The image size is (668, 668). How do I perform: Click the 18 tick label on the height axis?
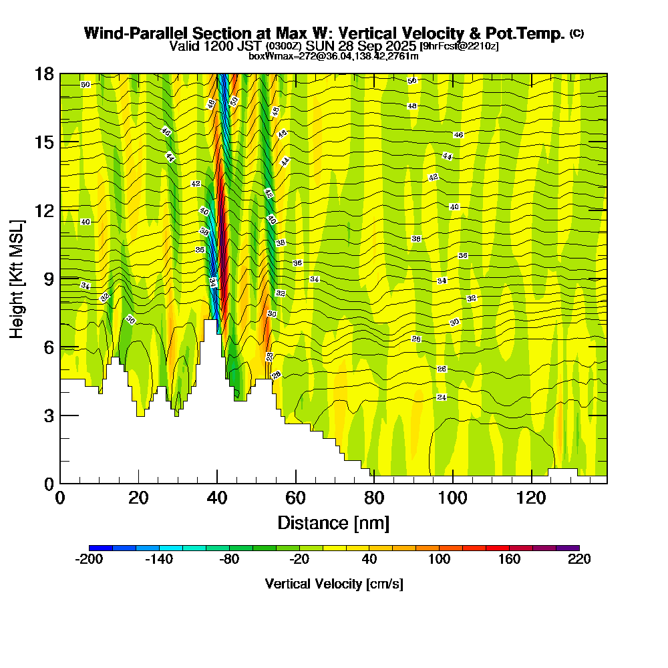(x=44, y=73)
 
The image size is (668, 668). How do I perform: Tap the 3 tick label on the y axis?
(x=48, y=415)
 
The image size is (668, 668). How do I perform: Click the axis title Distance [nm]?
(x=333, y=522)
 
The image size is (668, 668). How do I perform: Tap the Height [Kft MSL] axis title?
(x=18, y=279)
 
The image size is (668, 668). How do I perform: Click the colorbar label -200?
(x=89, y=560)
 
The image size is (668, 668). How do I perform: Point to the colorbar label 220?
(x=579, y=560)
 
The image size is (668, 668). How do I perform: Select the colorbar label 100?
(x=439, y=560)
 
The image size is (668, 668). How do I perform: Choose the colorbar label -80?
(x=229, y=560)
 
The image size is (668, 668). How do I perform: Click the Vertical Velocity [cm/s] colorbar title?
(x=334, y=584)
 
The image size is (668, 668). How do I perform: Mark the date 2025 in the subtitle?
(x=399, y=46)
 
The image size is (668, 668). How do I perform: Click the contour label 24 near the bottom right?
(x=442, y=397)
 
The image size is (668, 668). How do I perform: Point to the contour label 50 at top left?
(x=85, y=85)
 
